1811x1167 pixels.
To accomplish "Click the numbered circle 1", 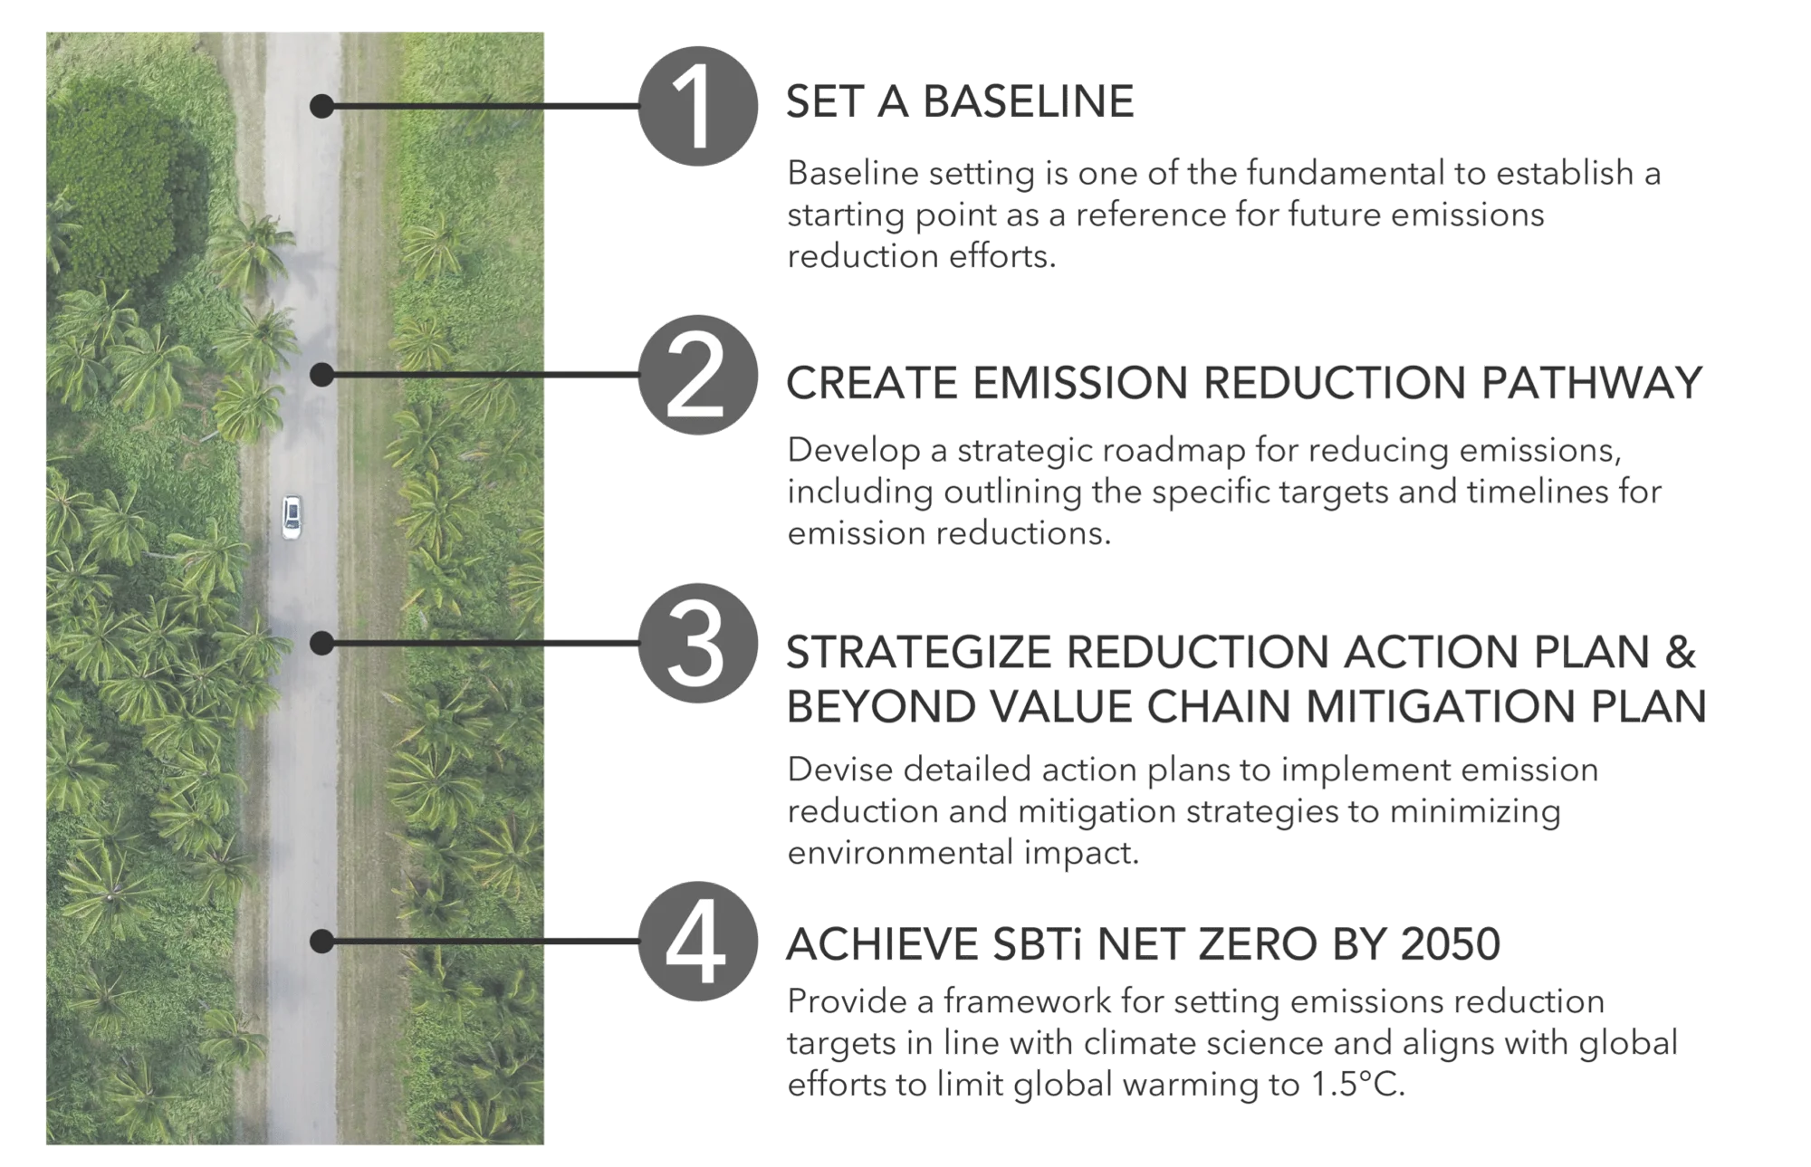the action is click(x=697, y=106).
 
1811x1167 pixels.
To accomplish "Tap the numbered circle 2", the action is click(x=697, y=375).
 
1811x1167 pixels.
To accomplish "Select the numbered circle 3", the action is click(x=697, y=644).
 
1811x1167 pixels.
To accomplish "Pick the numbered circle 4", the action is click(x=697, y=942).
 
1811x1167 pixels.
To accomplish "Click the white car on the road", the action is click(x=292, y=517).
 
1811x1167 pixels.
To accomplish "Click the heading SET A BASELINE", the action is click(x=960, y=101).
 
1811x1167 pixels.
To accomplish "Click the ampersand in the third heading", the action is click(x=1680, y=652).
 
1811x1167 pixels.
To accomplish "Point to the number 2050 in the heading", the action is click(x=1450, y=944).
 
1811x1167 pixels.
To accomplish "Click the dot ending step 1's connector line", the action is click(x=321, y=106).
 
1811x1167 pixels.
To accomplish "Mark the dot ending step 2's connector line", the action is click(x=321, y=375).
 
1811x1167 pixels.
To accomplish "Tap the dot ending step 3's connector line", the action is click(x=321, y=644).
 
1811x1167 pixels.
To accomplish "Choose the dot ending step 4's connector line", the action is click(x=321, y=942).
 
